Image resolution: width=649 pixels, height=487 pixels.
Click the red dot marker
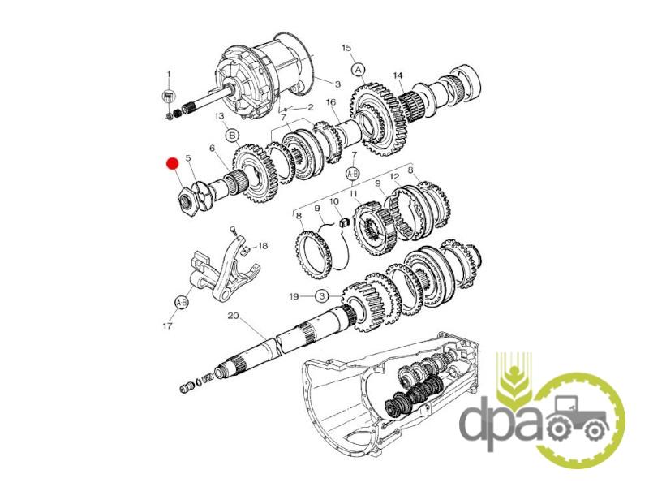point(172,164)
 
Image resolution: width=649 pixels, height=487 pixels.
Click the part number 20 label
point(233,316)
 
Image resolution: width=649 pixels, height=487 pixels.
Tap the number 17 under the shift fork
point(167,326)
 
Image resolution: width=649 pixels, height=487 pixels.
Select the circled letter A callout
point(358,69)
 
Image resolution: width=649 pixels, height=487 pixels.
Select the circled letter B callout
point(233,135)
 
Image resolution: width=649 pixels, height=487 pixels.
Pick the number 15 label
point(346,48)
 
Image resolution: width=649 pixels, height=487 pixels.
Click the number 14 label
point(398,75)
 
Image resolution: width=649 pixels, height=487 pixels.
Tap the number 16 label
point(331,102)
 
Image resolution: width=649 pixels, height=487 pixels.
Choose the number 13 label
point(219,116)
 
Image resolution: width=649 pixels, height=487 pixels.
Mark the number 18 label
point(263,246)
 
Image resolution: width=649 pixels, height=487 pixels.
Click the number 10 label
point(334,201)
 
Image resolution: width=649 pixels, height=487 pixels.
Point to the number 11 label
point(353,193)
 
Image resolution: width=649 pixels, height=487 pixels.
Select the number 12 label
point(394,177)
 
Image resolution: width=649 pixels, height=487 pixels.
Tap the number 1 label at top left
point(169,74)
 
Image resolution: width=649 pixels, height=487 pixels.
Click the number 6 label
point(213,148)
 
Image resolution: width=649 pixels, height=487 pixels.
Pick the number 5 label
point(188,157)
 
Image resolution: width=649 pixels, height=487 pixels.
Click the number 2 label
point(311,107)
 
